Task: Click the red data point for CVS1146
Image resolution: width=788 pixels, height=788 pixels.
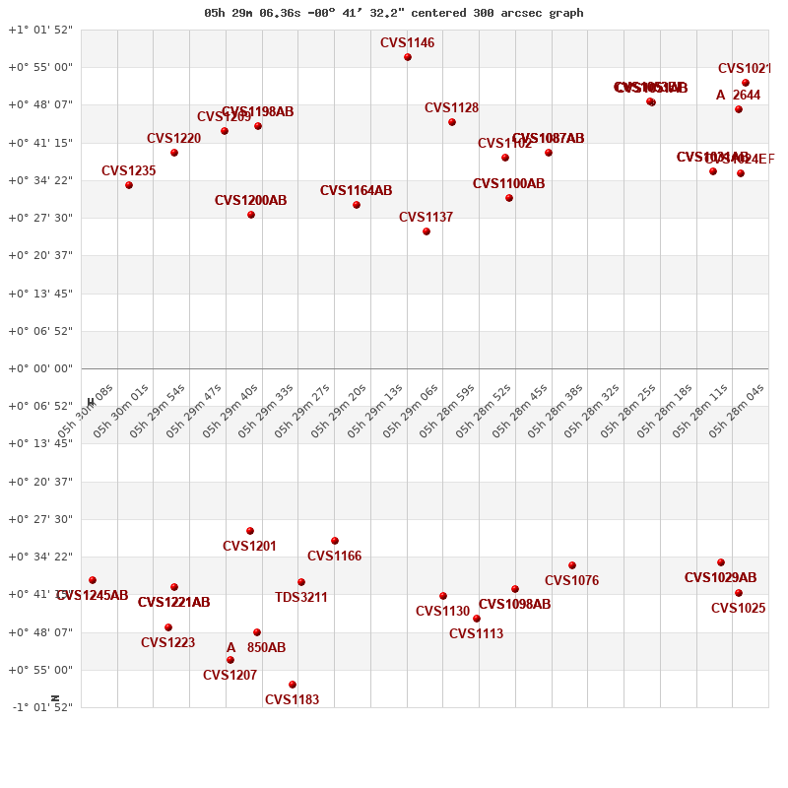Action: (408, 57)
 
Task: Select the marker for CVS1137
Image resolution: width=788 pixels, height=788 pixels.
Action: (427, 231)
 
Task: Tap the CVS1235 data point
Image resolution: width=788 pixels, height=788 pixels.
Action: (129, 185)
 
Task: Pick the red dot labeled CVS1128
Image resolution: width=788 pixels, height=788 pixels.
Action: (452, 122)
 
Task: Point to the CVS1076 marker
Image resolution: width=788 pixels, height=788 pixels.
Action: (572, 565)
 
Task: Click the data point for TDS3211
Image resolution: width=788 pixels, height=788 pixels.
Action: (301, 582)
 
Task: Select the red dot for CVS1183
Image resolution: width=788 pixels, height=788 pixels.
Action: (293, 685)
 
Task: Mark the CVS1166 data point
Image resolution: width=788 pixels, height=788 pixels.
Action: (335, 541)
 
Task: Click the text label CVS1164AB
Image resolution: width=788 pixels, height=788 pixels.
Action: (356, 191)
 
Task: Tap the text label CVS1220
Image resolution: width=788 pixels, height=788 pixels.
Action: (173, 139)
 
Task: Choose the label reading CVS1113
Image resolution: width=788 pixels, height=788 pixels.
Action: (476, 634)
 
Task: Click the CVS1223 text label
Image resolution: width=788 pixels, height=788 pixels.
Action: (167, 643)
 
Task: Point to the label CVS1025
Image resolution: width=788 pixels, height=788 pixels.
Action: (738, 609)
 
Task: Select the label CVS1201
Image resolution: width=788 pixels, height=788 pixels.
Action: (249, 547)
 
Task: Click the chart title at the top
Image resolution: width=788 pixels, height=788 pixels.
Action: (394, 13)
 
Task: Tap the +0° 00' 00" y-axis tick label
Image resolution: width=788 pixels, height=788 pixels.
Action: (40, 368)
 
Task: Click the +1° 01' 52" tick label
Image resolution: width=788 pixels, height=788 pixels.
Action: (40, 30)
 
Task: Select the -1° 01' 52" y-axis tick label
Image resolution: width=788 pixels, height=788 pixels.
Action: (40, 707)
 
